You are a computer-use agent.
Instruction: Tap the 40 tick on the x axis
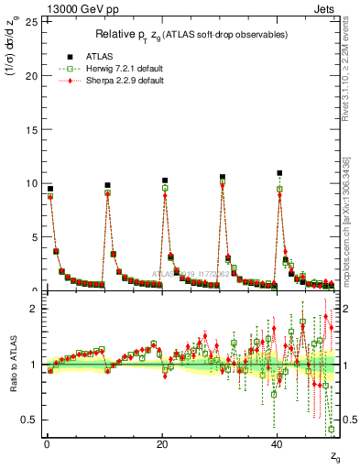point(277,442)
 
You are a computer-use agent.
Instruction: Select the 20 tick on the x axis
point(161,442)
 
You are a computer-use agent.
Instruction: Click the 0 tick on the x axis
point(46,442)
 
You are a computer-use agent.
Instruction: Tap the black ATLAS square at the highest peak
point(280,172)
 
